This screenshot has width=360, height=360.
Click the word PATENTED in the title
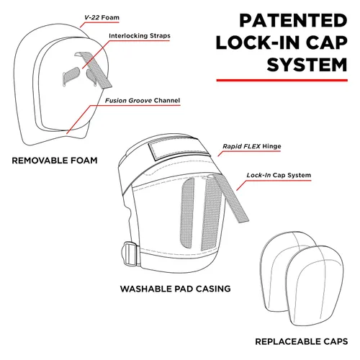(x=293, y=21)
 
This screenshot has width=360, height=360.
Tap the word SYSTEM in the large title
(x=307, y=65)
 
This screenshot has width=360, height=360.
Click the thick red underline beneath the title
(x=282, y=80)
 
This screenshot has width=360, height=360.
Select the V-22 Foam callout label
(x=102, y=17)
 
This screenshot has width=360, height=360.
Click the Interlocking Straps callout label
(x=140, y=36)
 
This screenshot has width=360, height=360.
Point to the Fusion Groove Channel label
(x=143, y=100)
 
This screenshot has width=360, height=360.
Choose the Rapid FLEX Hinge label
(x=252, y=146)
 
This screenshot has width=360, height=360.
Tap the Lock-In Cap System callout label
(x=279, y=175)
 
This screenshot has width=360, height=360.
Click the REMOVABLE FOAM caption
(x=55, y=161)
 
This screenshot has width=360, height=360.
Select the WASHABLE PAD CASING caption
(x=176, y=289)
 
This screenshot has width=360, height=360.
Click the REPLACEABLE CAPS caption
(x=302, y=341)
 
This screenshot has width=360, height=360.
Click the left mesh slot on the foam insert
(x=71, y=76)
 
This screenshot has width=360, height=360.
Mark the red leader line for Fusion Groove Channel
(x=78, y=120)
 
